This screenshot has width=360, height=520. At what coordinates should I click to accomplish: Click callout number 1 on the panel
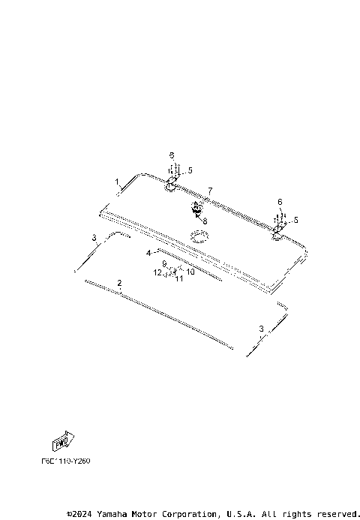(117, 182)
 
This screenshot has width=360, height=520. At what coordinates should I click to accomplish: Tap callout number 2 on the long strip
(119, 283)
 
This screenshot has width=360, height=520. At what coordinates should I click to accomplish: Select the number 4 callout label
(148, 252)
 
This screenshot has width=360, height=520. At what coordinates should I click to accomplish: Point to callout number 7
(210, 191)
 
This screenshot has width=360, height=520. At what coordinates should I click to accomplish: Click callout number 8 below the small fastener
(204, 221)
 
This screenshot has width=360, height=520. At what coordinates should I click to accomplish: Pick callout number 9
(164, 264)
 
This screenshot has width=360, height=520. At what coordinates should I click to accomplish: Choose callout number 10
(190, 272)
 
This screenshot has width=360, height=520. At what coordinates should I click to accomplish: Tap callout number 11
(179, 278)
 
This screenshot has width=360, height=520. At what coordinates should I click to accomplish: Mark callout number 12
(157, 274)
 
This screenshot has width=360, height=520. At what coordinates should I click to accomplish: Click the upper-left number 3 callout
(94, 238)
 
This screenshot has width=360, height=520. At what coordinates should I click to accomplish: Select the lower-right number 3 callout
(261, 329)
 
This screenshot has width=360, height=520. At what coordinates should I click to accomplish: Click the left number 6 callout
(172, 155)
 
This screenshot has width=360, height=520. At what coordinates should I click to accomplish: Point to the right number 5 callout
(295, 220)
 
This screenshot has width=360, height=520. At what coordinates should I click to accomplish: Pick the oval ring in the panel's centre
(199, 237)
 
